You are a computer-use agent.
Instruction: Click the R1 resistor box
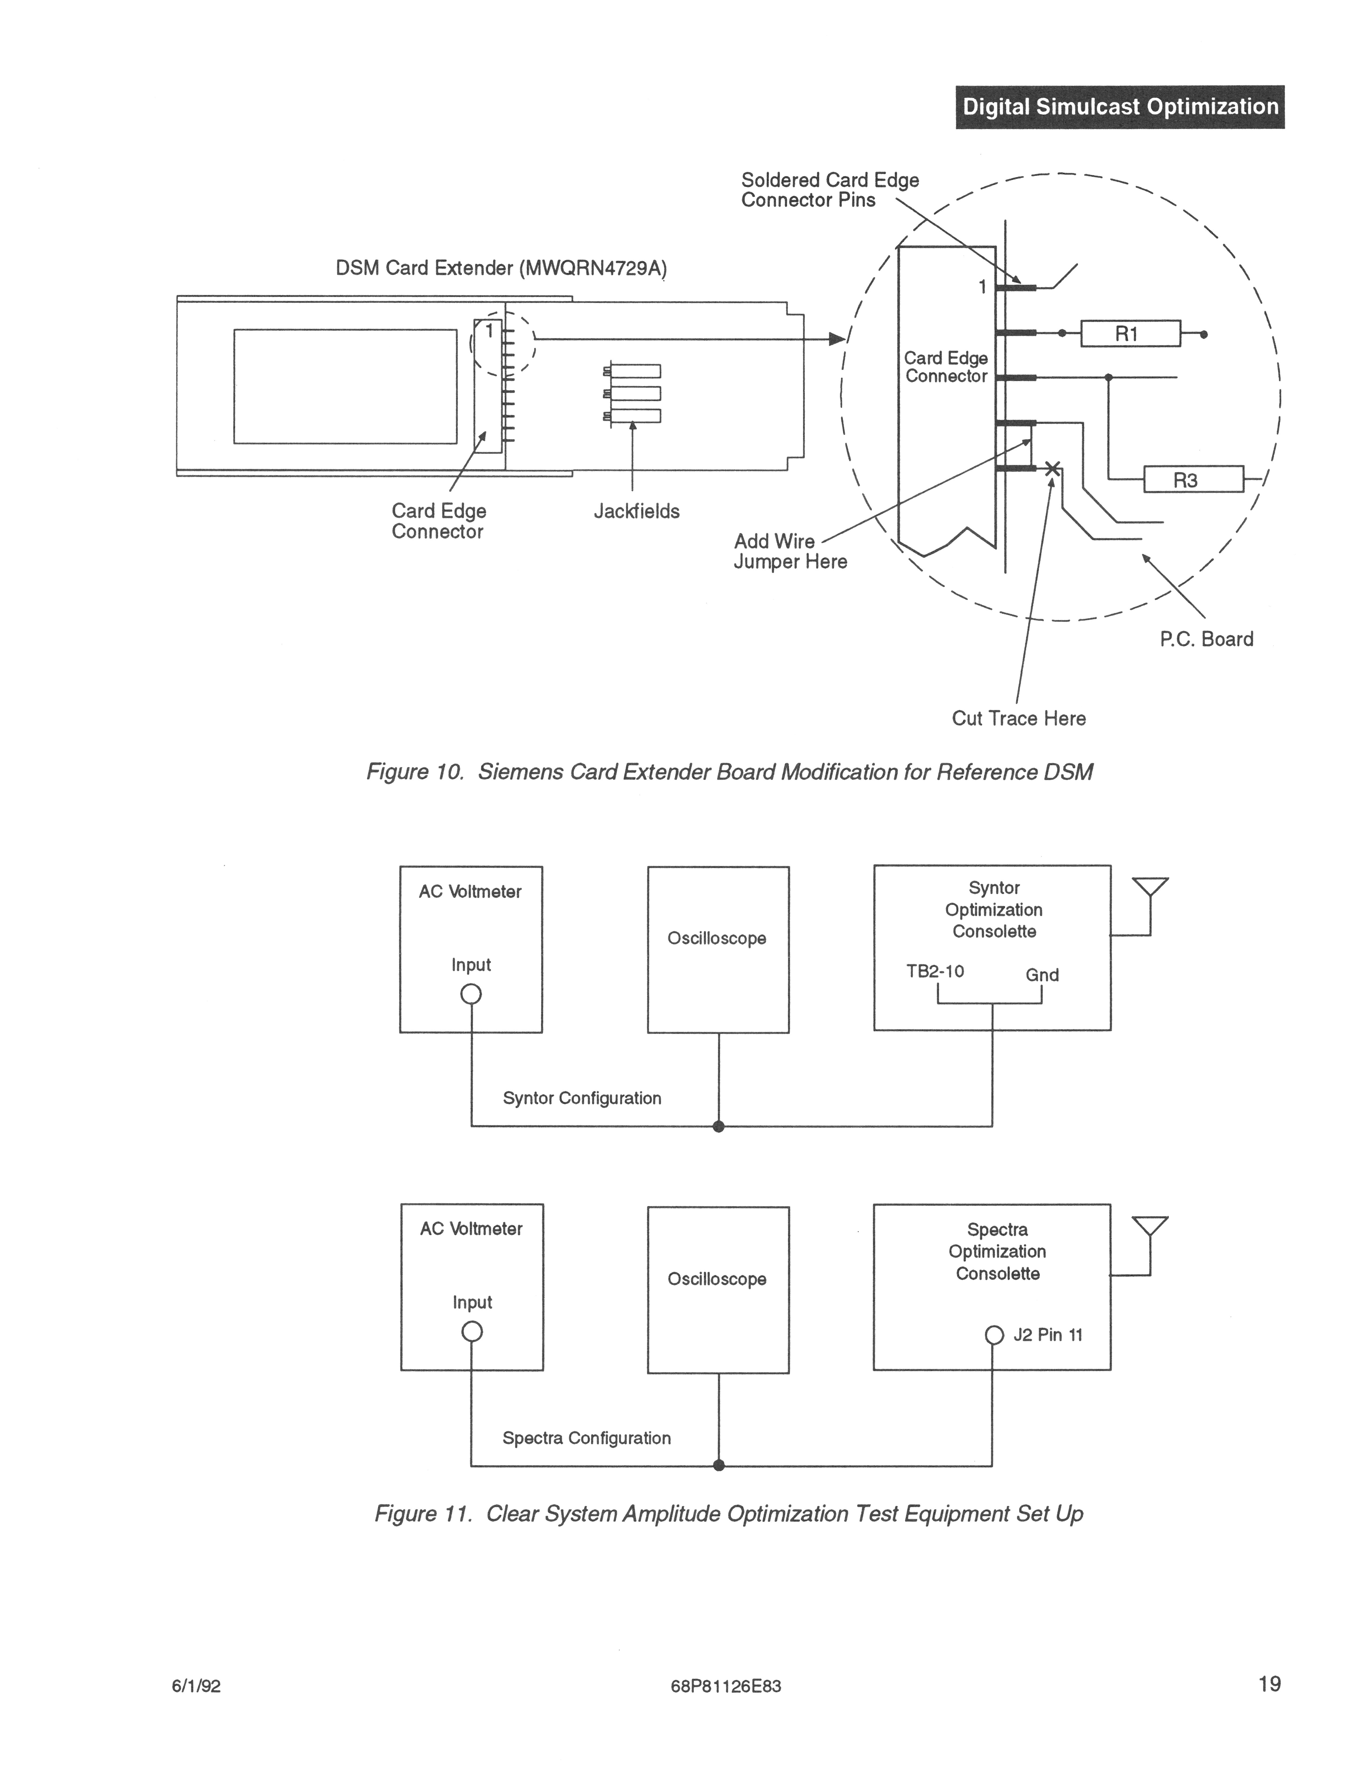click(1130, 333)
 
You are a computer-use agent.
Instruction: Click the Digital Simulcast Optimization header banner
click(1120, 107)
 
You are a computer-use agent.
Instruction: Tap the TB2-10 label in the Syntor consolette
click(935, 971)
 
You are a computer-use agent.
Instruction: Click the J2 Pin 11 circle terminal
click(994, 1335)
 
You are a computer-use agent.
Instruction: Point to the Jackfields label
click(636, 512)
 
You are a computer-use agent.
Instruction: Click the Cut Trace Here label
click(1018, 718)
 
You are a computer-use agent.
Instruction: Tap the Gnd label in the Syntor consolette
click(1042, 975)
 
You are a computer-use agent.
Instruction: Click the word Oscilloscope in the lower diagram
click(717, 1279)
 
